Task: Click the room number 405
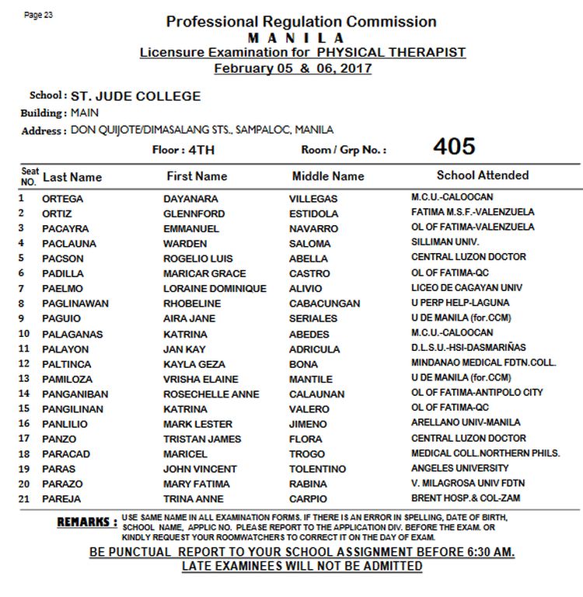[x=454, y=147]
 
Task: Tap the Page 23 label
[x=38, y=16]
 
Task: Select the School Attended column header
[x=482, y=175]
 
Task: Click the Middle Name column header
[x=328, y=176]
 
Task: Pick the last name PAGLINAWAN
[x=75, y=304]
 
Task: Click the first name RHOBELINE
[x=194, y=304]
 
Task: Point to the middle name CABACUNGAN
[x=325, y=304]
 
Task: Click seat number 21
[x=23, y=498]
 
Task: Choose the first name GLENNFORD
[x=194, y=213]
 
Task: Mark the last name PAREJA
[x=61, y=499]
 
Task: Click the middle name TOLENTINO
[x=317, y=470]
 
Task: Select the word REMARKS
[x=86, y=522]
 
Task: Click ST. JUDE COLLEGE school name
[x=135, y=97]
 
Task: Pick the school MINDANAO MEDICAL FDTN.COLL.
[x=473, y=363]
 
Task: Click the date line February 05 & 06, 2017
[x=292, y=68]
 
